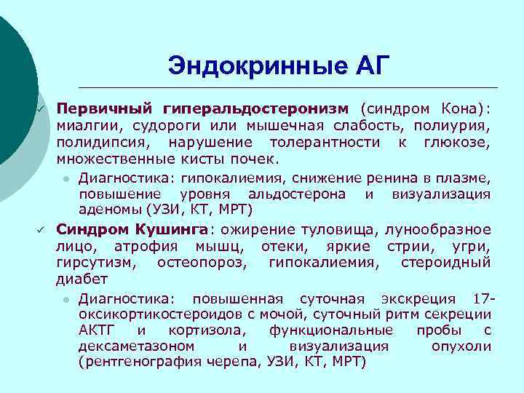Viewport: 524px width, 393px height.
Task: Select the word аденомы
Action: (x=110, y=210)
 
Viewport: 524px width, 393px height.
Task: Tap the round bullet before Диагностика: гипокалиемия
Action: (x=65, y=178)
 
